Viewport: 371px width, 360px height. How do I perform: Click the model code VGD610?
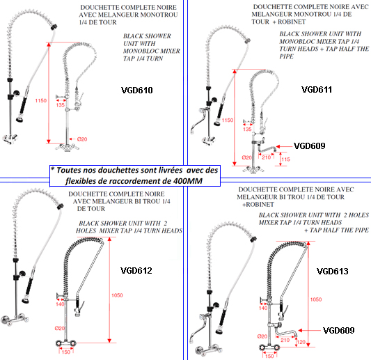tap(136, 91)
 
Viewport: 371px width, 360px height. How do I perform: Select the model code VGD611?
tap(317, 89)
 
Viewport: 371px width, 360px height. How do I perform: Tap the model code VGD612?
tap(136, 271)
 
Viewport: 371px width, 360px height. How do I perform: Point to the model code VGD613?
tap(333, 272)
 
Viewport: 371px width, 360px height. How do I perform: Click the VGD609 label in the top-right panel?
tap(310, 146)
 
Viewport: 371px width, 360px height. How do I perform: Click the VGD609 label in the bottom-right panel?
tap(339, 331)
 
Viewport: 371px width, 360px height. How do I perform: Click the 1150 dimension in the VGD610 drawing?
tap(40, 100)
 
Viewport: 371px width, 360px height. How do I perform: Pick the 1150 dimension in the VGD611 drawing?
tap(228, 120)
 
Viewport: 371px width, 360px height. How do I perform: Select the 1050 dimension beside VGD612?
tap(117, 295)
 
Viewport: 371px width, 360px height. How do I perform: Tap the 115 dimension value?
tap(285, 159)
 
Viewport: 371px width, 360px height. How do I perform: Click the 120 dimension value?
tap(301, 342)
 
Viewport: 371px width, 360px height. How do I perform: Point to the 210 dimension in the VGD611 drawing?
tap(266, 157)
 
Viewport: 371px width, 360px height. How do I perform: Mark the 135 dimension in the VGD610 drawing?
tap(61, 105)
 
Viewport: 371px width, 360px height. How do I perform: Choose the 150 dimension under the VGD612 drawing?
tap(65, 352)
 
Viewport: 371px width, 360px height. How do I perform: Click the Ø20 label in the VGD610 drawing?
tap(82, 139)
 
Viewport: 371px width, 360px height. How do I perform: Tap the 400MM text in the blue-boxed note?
tap(188, 181)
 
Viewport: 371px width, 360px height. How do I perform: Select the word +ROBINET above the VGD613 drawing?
tap(258, 204)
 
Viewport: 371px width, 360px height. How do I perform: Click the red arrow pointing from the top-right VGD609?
tap(284, 146)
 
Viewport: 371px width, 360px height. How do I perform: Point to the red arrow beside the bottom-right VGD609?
tap(310, 331)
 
